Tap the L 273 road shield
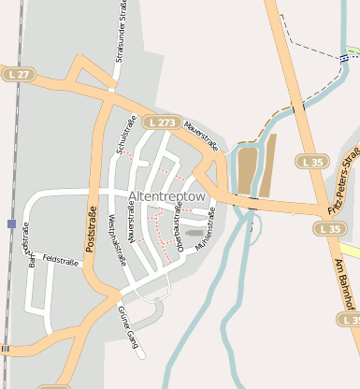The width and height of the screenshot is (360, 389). pos(161,122)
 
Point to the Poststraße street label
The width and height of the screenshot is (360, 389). pos(92,230)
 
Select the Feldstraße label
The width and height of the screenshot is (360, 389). pos(61,261)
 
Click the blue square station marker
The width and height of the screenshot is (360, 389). pos(11,223)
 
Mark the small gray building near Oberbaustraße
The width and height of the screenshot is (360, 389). pos(194,232)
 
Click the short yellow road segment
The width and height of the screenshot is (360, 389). pos(350,250)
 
